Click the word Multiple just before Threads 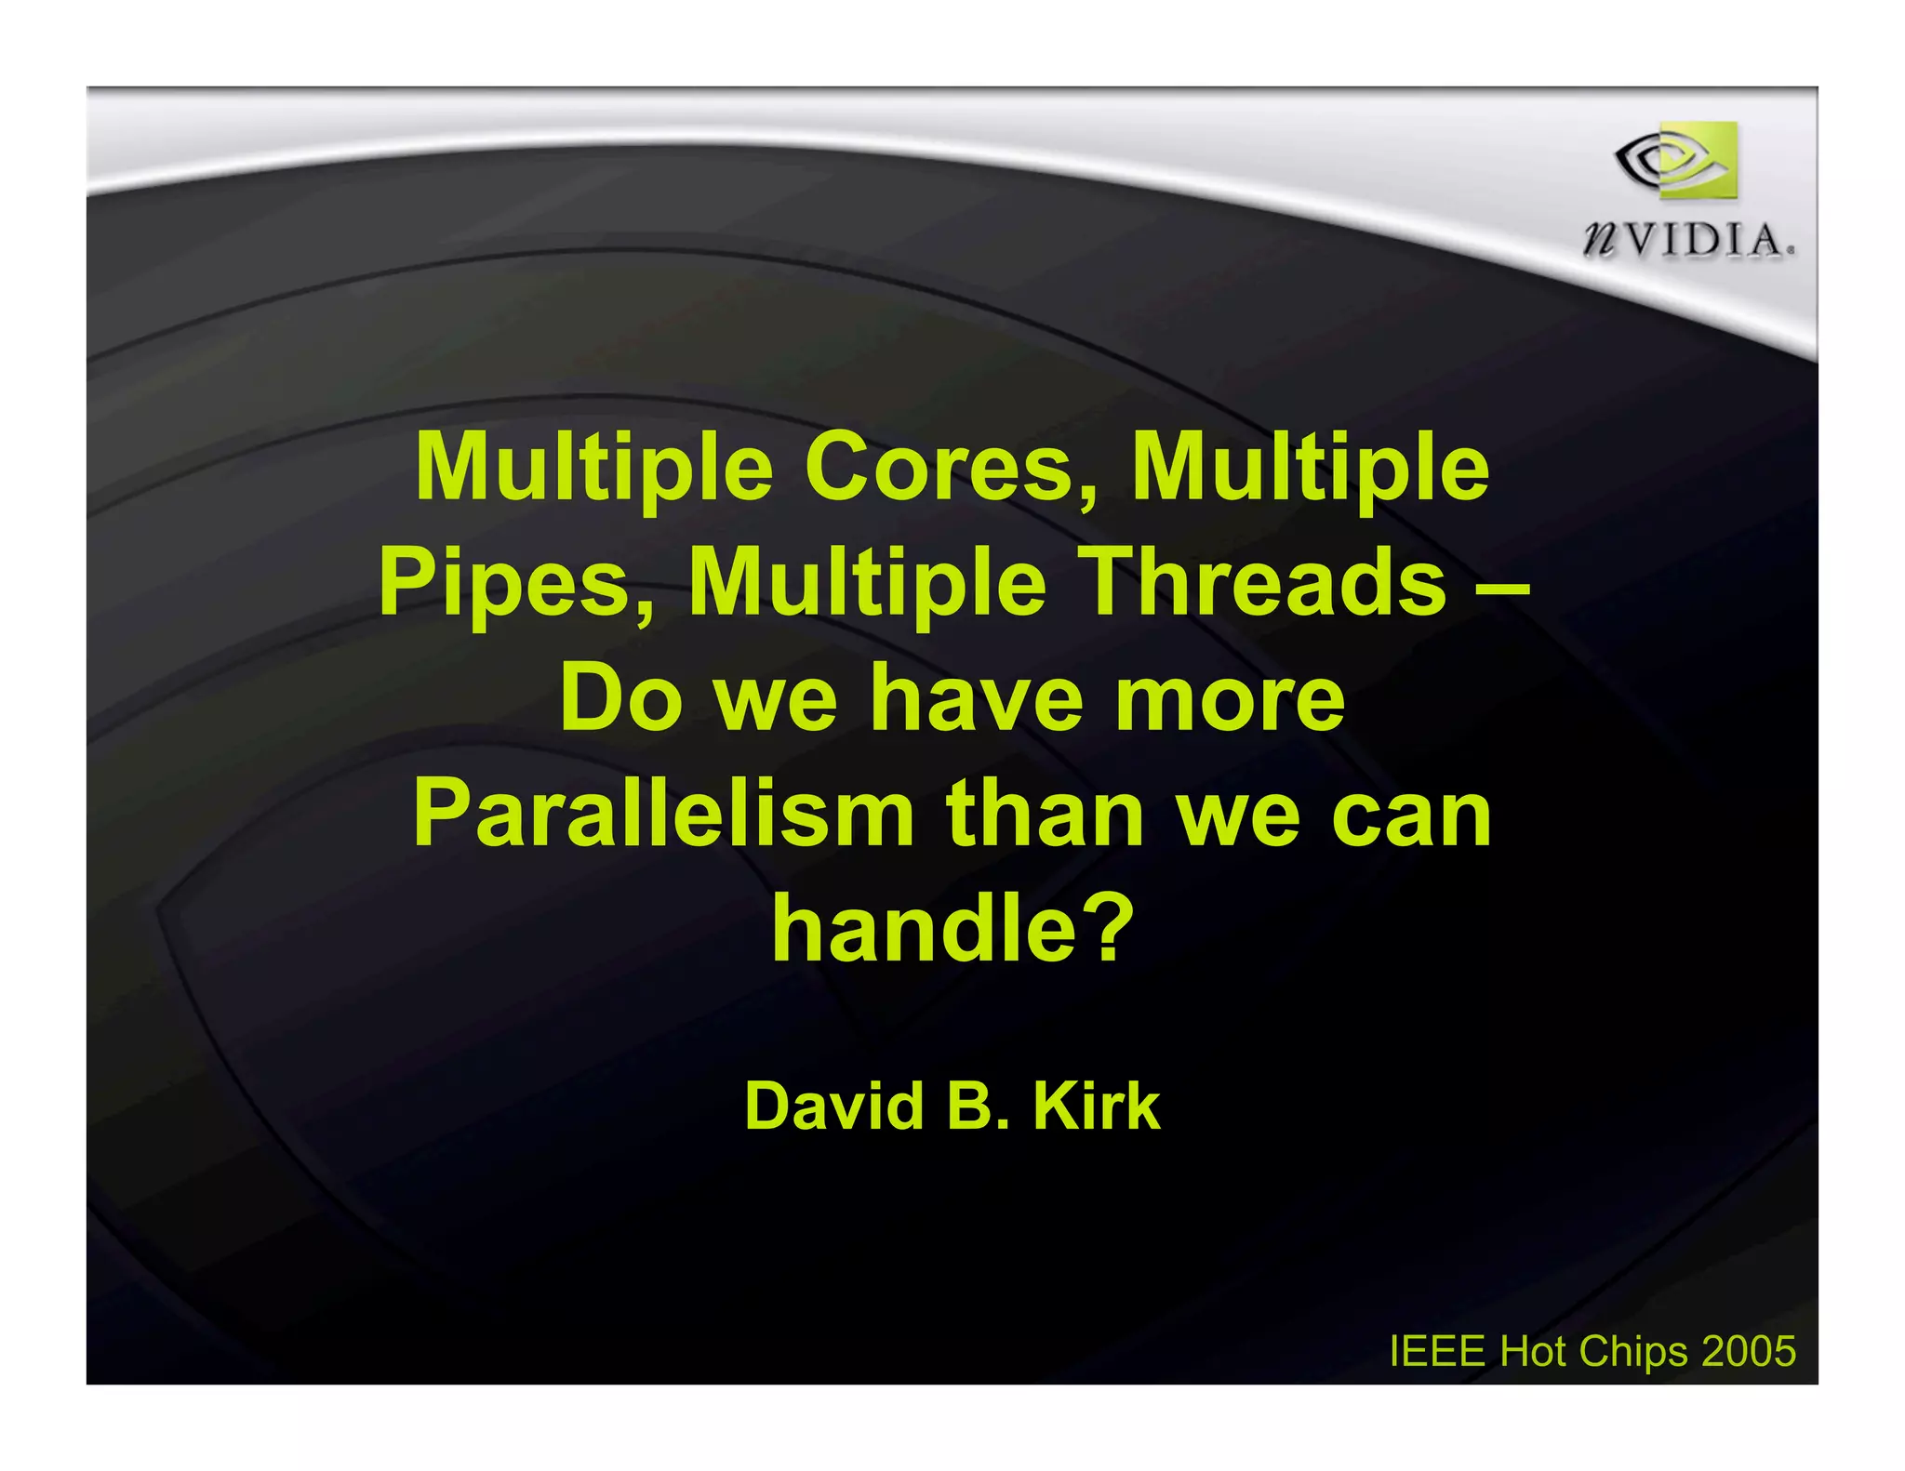point(867,583)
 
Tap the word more point(1229,699)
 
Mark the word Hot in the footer point(1534,1351)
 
